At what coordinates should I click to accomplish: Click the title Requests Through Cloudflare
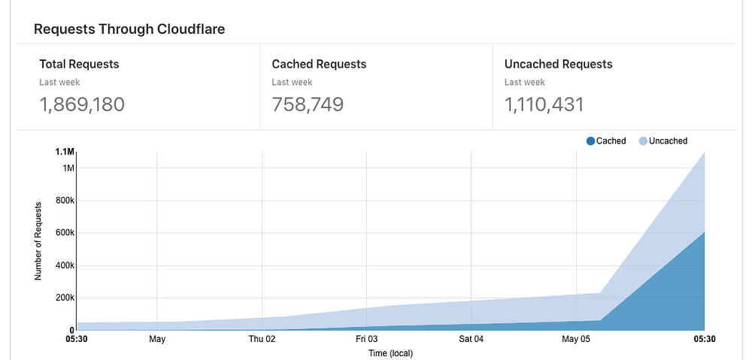[x=129, y=29]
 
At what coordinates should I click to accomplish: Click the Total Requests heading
[x=79, y=64]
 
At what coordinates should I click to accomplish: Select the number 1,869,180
[x=82, y=104]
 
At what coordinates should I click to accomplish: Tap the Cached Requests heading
[x=319, y=64]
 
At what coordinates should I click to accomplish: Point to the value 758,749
[x=308, y=104]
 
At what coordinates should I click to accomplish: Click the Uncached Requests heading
[x=558, y=64]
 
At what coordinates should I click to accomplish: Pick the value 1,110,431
[x=544, y=104]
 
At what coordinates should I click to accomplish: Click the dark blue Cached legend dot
[x=590, y=141]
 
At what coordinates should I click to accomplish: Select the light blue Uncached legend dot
[x=643, y=141]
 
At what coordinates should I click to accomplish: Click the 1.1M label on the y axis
[x=65, y=152]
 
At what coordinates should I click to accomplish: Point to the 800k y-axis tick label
[x=64, y=201]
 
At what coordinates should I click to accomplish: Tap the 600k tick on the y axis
[x=64, y=233]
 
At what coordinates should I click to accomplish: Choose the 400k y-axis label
[x=64, y=265]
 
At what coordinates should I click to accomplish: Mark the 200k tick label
[x=64, y=298]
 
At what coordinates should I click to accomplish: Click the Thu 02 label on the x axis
[x=262, y=340]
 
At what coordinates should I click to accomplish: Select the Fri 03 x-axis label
[x=366, y=340]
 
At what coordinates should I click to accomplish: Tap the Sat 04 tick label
[x=471, y=340]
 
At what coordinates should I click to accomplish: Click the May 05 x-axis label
[x=575, y=340]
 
